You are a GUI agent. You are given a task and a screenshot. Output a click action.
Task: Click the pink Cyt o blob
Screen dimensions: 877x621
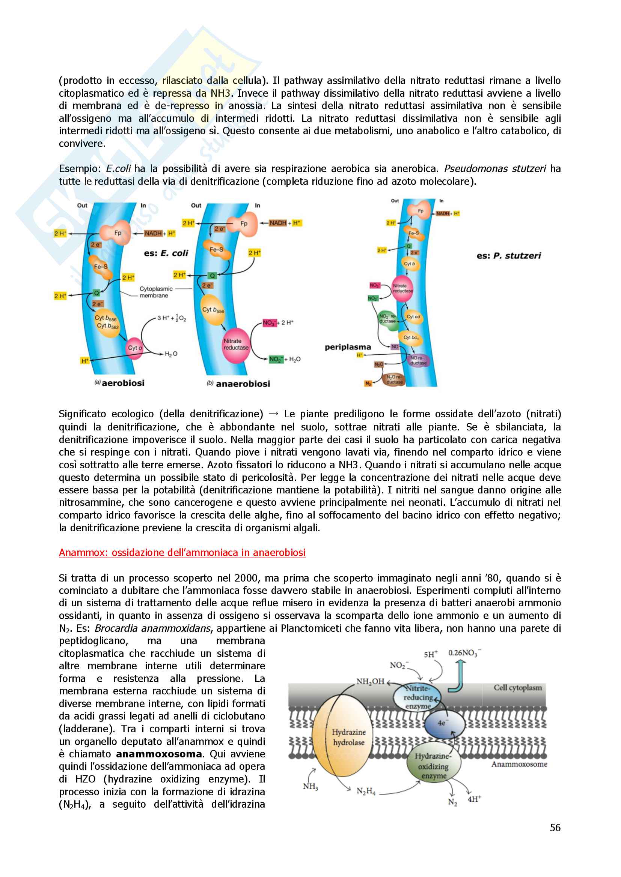135,348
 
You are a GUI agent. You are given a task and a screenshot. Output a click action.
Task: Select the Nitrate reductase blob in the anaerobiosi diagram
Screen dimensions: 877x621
235,345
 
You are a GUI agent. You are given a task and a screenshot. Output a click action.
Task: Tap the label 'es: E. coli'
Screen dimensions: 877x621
166,253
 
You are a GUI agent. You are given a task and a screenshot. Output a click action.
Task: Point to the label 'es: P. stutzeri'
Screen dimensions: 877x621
509,256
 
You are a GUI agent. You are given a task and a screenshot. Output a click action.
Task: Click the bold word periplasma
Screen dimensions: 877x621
348,347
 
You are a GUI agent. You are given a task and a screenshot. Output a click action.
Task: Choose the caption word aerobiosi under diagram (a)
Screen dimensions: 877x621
123,383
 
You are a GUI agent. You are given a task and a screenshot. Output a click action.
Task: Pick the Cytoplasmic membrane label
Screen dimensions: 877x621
156,292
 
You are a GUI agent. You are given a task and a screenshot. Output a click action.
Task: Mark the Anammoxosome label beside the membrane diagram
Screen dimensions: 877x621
519,764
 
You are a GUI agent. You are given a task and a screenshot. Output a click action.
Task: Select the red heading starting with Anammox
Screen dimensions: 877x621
182,553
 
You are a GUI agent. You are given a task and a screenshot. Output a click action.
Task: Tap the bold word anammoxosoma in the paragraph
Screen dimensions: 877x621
159,754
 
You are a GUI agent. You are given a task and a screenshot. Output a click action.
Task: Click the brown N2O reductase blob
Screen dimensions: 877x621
393,379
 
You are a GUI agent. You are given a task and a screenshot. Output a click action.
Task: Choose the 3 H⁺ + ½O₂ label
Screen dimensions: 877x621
172,318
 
